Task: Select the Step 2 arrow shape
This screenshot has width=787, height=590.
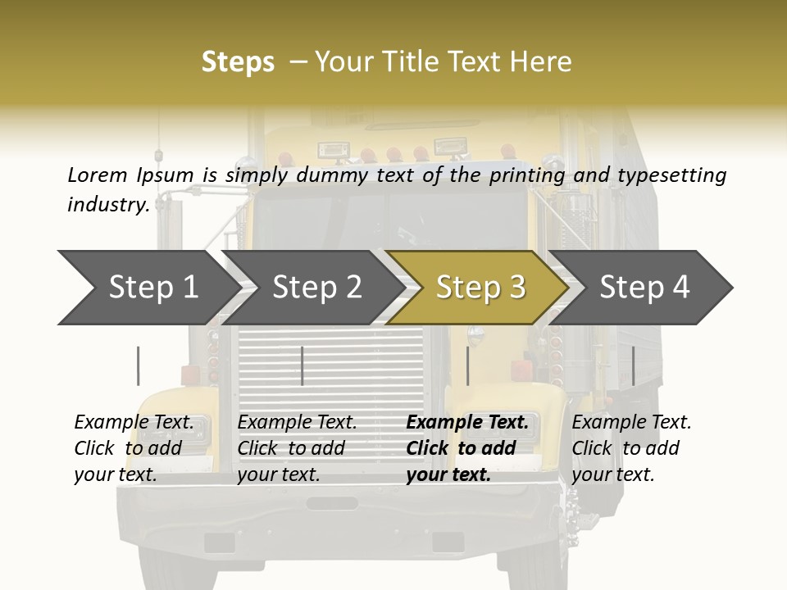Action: click(316, 288)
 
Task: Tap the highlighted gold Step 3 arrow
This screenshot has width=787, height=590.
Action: click(480, 288)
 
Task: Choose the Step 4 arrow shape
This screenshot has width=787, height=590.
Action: click(644, 288)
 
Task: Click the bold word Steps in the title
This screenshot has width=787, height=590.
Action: click(238, 62)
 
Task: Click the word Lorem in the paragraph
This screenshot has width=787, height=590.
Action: click(97, 175)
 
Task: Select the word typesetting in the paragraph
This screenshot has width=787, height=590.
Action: click(677, 175)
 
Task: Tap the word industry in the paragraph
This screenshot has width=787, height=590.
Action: click(107, 205)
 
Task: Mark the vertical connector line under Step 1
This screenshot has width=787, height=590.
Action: click(138, 365)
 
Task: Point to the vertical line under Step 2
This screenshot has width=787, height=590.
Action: click(303, 365)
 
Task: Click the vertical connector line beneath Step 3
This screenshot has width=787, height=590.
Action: click(467, 365)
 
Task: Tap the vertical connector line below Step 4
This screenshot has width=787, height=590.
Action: click(633, 365)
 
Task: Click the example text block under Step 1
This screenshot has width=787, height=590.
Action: click(134, 448)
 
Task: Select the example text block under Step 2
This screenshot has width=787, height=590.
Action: click(297, 448)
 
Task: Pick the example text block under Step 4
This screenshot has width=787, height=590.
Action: click(631, 448)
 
